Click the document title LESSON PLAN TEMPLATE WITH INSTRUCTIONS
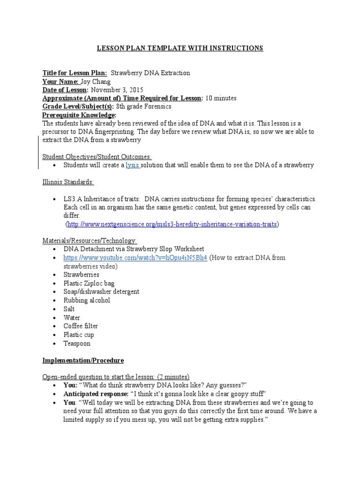pyautogui.click(x=180, y=48)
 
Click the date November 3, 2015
pyautogui.click(x=117, y=90)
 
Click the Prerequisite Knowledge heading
pyautogui.click(x=79, y=115)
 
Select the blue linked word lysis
pyautogui.click(x=132, y=165)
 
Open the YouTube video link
pyautogui.click(x=135, y=258)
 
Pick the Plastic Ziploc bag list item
pyautogui.click(x=89, y=284)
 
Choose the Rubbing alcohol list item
pyautogui.click(x=87, y=300)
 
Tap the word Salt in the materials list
pyautogui.click(x=69, y=309)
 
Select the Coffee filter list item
pyautogui.click(x=81, y=326)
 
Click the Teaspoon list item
pyautogui.click(x=77, y=344)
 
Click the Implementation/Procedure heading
pyautogui.click(x=83, y=360)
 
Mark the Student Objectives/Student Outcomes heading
pyautogui.click(x=97, y=157)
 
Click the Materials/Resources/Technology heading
pyautogui.click(x=90, y=241)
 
